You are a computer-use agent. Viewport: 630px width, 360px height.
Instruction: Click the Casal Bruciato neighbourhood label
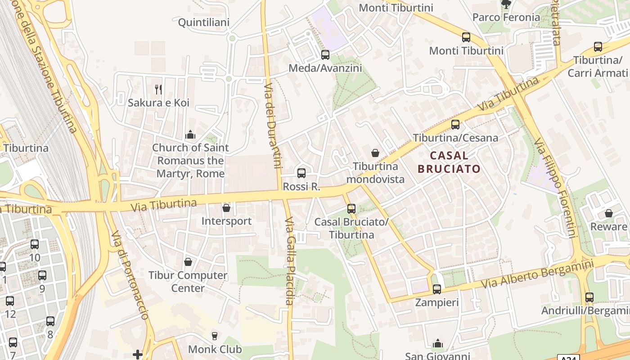(449, 162)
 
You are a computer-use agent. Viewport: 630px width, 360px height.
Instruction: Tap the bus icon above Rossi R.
(301, 173)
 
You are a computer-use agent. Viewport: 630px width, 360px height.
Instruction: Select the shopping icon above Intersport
(226, 208)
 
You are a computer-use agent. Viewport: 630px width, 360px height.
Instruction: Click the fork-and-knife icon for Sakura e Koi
(158, 90)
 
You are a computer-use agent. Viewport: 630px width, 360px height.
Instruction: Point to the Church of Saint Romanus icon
(190, 135)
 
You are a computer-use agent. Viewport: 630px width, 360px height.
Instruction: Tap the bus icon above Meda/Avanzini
(325, 55)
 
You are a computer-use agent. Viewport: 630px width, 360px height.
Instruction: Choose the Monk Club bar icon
(214, 336)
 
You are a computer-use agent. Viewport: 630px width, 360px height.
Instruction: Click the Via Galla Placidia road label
(289, 261)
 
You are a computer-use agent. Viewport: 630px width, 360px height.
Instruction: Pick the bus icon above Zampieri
(436, 289)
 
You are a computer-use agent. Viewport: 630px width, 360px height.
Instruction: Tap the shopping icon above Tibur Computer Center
(188, 262)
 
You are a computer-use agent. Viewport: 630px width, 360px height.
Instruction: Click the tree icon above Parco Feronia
(506, 4)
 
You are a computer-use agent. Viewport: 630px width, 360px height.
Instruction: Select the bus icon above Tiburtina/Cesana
(455, 125)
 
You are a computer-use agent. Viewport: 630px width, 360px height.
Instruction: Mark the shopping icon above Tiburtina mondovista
(375, 153)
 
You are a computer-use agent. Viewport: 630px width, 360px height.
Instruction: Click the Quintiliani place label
(204, 22)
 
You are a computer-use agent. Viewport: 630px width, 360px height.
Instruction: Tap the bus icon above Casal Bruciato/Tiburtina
(351, 209)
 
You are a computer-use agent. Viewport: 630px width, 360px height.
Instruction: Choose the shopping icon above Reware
(609, 213)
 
